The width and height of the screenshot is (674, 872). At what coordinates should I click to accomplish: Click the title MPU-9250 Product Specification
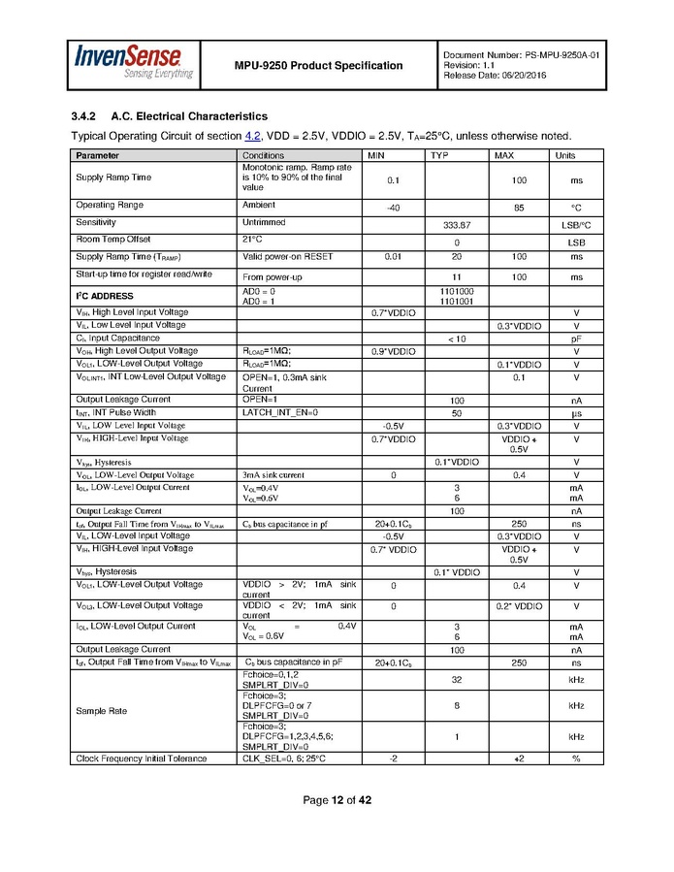tap(318, 65)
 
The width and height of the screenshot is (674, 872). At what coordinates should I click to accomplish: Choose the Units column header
tap(564, 155)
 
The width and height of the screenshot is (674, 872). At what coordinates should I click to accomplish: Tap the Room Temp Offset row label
tap(113, 239)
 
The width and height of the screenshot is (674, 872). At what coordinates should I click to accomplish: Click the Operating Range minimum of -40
tap(393, 208)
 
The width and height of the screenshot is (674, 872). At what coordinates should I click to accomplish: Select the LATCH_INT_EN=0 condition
tap(279, 412)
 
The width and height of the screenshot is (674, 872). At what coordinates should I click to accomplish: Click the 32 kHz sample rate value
tap(456, 679)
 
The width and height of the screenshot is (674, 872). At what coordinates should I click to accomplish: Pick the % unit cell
tap(575, 758)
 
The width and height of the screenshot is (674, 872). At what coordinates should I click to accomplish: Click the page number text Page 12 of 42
tap(337, 800)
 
